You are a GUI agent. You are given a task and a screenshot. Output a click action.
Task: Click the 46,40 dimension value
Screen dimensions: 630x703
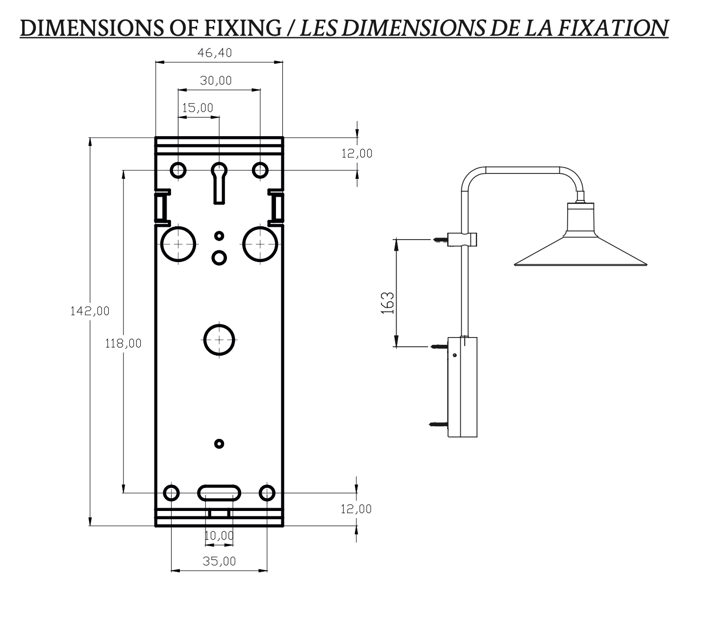214,53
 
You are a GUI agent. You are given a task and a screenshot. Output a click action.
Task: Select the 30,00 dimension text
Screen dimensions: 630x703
216,80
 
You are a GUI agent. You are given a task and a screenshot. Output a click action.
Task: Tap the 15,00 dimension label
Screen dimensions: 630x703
198,108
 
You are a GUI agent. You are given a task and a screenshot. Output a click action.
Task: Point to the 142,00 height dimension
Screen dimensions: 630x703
89,311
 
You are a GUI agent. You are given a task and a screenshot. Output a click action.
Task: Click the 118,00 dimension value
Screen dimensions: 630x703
124,343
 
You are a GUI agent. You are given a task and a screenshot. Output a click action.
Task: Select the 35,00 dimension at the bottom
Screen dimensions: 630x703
219,561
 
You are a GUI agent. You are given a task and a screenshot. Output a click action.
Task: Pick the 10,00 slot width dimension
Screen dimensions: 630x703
219,535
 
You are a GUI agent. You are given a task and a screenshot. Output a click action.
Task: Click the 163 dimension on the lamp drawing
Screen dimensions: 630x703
387,303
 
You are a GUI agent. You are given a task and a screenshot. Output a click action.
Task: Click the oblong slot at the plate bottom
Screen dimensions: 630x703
219,492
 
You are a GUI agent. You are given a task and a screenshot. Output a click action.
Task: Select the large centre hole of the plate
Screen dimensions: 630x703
219,339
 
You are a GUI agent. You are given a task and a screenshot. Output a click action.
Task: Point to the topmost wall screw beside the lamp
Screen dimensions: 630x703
441,240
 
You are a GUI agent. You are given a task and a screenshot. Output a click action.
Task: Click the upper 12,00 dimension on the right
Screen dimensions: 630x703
357,154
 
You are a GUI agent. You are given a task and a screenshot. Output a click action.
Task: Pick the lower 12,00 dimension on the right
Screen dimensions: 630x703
356,509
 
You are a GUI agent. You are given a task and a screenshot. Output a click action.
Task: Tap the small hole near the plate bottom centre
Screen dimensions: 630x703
219,444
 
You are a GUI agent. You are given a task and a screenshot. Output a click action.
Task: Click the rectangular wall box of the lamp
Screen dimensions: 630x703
463,387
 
